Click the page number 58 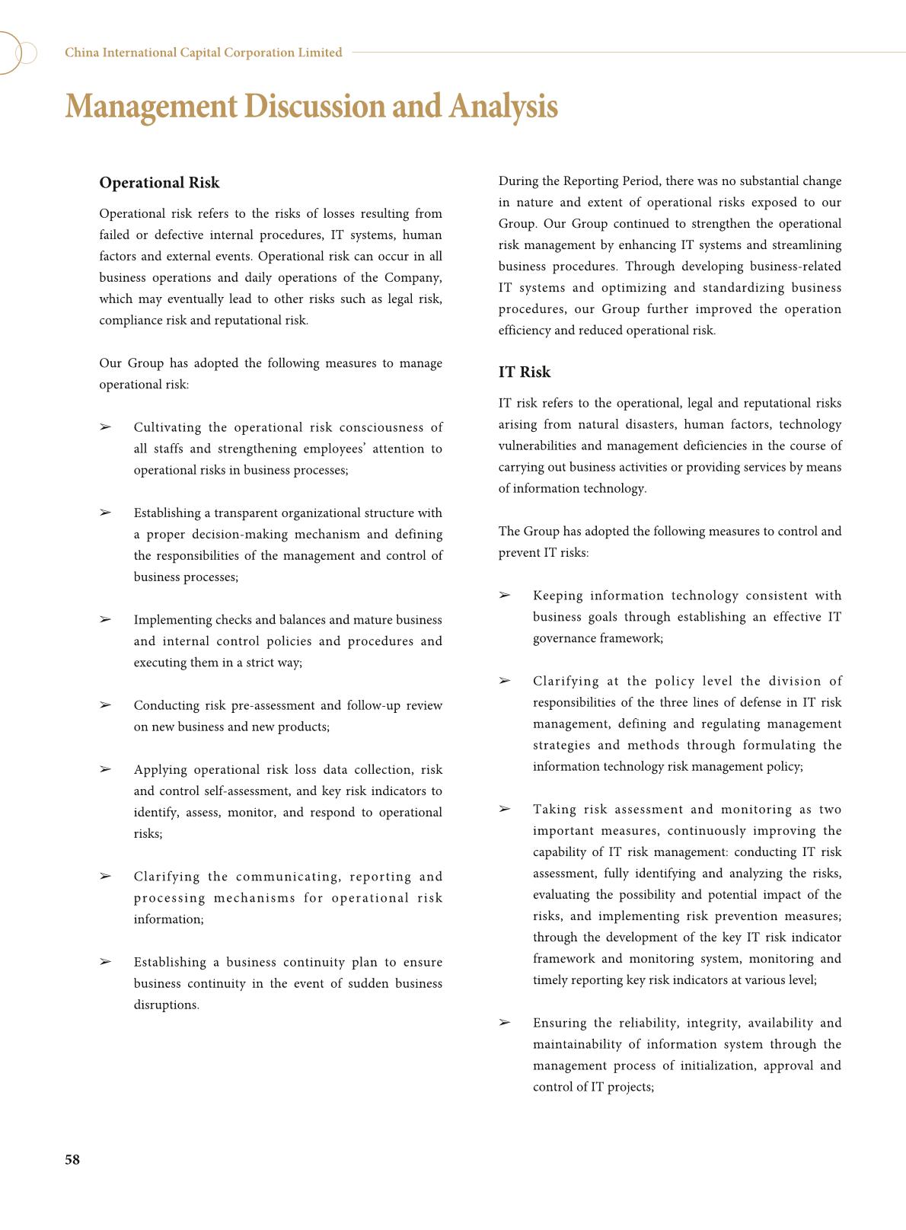click(72, 1159)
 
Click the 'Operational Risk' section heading click(159, 183)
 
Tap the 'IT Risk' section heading click(524, 372)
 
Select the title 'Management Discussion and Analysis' click(311, 106)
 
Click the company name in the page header click(203, 53)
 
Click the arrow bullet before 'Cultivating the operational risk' click(105, 427)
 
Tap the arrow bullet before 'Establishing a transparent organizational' click(105, 513)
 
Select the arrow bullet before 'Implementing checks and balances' click(105, 619)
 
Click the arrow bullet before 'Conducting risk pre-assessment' click(105, 704)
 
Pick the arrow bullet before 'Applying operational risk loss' click(105, 769)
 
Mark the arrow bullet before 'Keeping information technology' click(504, 595)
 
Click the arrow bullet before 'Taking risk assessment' click(504, 809)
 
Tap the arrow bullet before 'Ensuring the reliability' click(504, 1022)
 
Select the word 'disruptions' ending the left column click(165, 1005)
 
